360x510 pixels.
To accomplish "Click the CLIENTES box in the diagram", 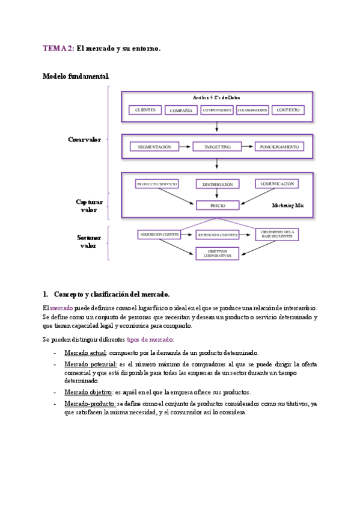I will point(145,110).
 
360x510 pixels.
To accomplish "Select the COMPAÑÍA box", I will point(181,111).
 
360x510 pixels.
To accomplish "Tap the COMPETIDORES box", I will point(217,111).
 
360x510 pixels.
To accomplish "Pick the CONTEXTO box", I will point(288,110).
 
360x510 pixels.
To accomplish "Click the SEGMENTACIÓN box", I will point(154,147).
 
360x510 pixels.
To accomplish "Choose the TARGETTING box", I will point(216,147).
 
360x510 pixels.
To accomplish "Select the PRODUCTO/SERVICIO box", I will point(156,183).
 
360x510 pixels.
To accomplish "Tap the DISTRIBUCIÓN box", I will point(218,184).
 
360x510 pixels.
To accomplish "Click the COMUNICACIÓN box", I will point(277,183).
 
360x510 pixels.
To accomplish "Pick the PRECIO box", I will point(218,205).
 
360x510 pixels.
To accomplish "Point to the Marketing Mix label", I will point(288,206).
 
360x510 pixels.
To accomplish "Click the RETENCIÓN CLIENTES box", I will point(218,235).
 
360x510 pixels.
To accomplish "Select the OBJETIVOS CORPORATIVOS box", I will point(218,253).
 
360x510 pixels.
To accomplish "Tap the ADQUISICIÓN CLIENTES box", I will point(159,235).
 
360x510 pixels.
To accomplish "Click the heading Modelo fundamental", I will point(76,76).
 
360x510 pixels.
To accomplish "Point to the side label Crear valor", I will point(84,140).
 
